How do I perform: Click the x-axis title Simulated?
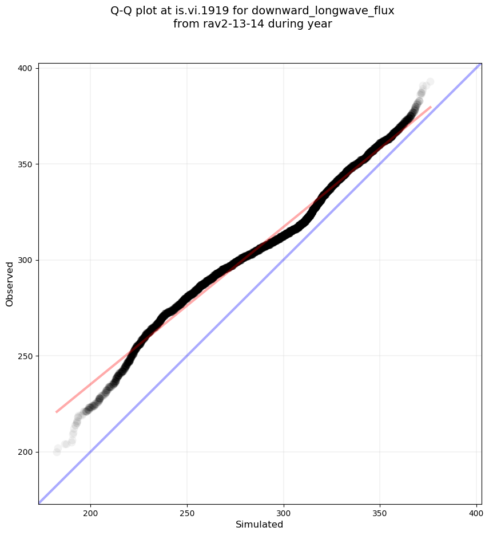pos(260,524)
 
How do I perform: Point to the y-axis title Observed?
pos(10,284)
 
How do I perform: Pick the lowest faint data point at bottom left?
pos(57,452)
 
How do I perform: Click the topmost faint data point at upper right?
pos(430,82)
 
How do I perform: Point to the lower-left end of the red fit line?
pos(56,412)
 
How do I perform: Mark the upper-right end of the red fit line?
pos(431,107)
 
